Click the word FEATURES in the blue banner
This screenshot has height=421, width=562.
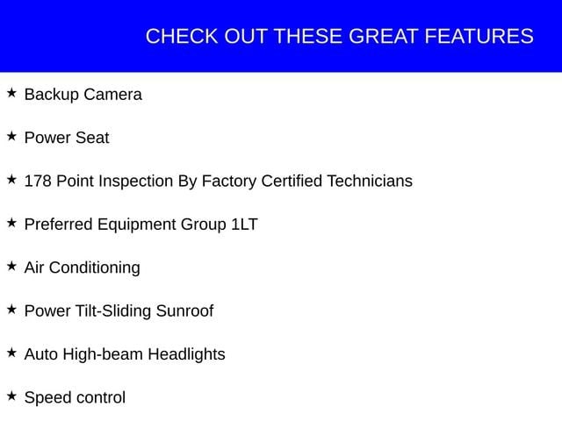click(479, 36)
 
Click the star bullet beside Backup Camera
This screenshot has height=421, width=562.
click(11, 93)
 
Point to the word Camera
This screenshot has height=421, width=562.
click(113, 95)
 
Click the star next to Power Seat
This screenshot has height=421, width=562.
click(11, 136)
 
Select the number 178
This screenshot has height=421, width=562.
click(38, 182)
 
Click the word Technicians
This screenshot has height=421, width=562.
click(370, 182)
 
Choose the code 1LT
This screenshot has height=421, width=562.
click(244, 225)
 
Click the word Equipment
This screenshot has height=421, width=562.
click(137, 225)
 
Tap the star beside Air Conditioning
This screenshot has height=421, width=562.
click(11, 266)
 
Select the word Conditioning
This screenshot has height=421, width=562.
click(95, 268)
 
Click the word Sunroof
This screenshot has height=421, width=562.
click(185, 310)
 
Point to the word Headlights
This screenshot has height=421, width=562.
click(187, 354)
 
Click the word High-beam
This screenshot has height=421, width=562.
click(103, 354)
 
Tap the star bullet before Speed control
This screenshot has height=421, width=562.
click(11, 396)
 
